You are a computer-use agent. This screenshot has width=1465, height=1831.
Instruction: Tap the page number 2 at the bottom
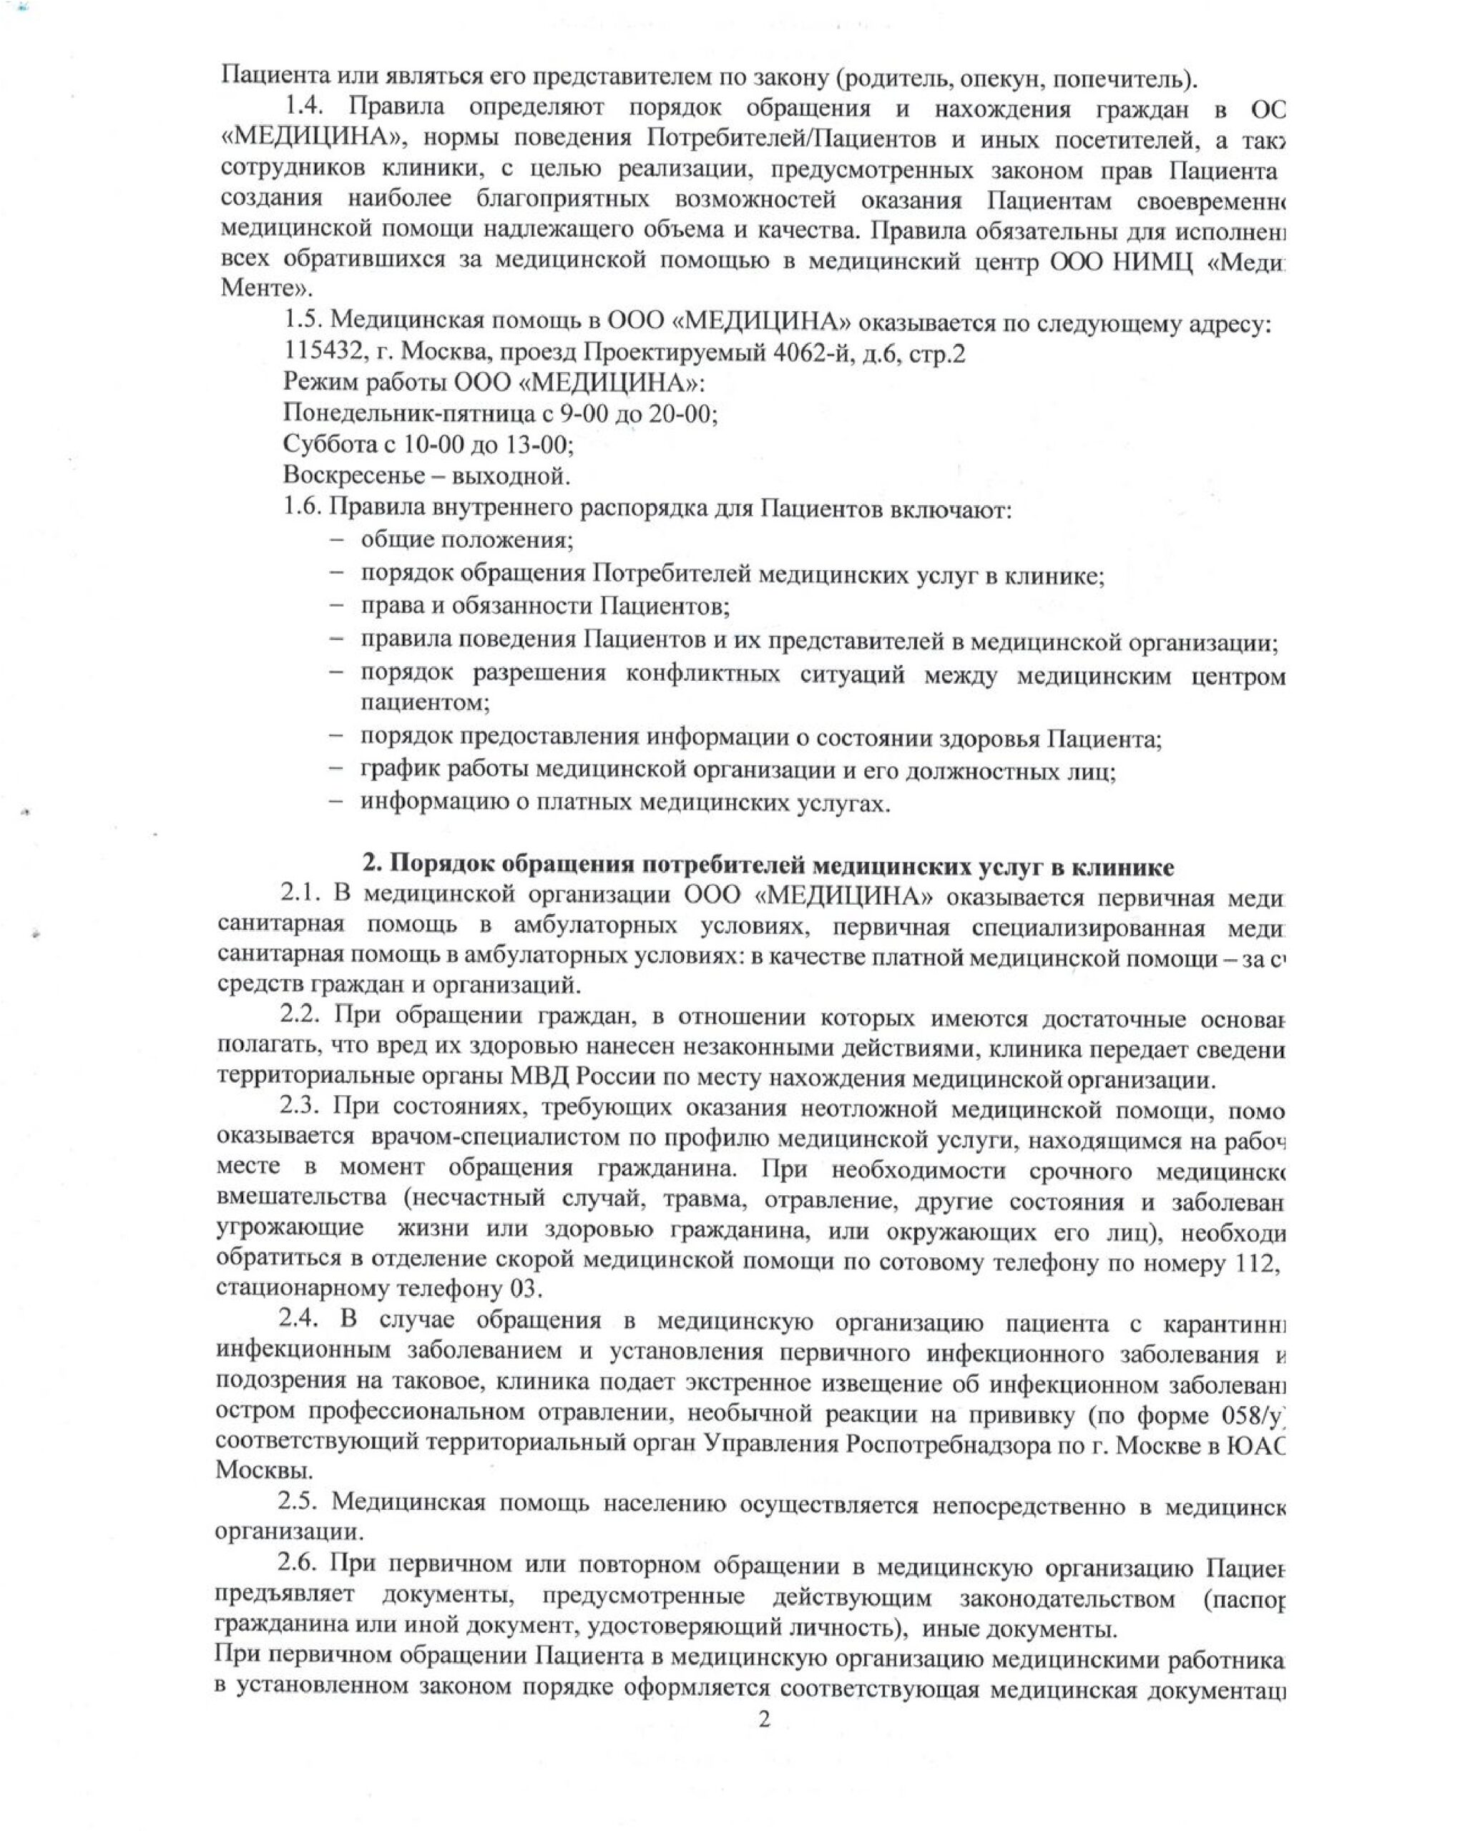pyautogui.click(x=763, y=1719)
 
